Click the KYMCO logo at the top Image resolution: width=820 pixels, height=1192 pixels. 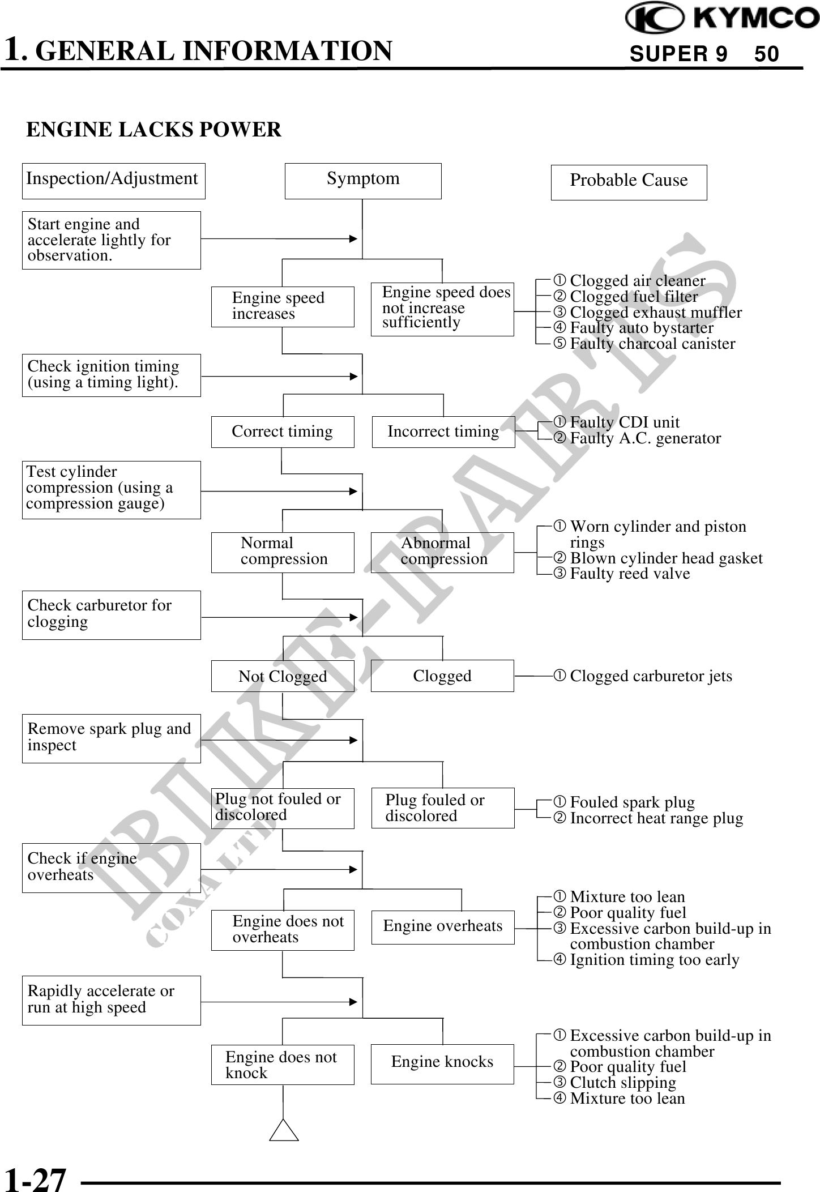[721, 18]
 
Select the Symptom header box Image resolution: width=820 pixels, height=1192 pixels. [363, 181]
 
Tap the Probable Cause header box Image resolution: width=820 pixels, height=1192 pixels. [629, 182]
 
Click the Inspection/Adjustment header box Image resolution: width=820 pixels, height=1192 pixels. [113, 181]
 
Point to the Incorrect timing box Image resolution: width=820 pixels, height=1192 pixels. [443, 432]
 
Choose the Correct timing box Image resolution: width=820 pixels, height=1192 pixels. [283, 432]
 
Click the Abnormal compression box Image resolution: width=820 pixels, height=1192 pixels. [442, 552]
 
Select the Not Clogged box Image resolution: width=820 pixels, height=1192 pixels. [283, 676]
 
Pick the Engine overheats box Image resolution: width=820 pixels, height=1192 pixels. [443, 927]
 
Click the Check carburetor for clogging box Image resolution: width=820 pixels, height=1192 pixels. [111, 615]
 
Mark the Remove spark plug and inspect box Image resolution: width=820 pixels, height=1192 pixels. [111, 738]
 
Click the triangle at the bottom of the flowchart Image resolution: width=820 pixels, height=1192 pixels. [284, 1131]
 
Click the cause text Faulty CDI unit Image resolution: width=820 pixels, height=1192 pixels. [624, 422]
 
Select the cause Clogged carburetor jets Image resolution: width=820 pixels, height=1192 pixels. [651, 676]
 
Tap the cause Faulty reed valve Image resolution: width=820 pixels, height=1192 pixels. [630, 574]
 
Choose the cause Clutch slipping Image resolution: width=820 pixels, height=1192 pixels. [622, 1083]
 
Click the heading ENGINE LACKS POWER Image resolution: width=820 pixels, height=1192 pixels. [153, 130]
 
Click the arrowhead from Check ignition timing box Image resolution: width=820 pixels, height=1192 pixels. [353, 376]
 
